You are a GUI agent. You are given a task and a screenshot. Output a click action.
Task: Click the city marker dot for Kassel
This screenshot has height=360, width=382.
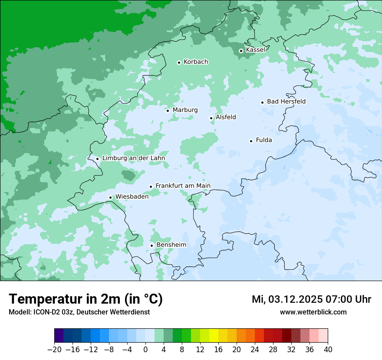241,51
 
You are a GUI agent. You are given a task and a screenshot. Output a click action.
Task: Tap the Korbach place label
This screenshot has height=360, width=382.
196,62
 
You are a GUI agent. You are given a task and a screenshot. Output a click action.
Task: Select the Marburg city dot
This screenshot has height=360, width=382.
168,110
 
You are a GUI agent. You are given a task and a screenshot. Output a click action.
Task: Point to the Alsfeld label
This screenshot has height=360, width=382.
226,117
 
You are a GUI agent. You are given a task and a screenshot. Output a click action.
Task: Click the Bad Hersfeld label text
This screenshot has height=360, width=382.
286,101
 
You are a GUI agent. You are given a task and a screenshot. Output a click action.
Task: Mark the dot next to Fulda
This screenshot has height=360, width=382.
251,141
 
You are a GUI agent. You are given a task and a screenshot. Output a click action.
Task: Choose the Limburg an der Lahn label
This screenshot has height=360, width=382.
133,158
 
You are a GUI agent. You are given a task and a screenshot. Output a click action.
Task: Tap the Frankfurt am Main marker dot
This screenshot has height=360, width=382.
151,187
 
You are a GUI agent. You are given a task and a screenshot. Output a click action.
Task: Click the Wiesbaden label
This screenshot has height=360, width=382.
132,196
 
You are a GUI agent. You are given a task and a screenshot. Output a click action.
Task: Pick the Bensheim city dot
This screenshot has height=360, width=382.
151,245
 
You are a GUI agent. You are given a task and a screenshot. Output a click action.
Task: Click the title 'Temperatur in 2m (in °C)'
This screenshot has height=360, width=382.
86,299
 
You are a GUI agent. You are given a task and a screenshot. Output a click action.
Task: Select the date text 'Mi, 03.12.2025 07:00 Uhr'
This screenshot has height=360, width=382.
311,299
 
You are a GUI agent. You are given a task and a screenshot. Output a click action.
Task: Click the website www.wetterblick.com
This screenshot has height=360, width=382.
313,312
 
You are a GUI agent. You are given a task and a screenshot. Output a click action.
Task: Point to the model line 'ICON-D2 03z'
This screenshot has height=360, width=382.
79,312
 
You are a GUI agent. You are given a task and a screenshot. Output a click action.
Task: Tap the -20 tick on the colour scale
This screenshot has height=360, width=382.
55,350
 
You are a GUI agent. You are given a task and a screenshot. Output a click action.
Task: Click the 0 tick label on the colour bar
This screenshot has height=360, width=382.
145,350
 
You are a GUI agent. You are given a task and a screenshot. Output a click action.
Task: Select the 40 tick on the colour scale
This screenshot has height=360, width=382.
328,350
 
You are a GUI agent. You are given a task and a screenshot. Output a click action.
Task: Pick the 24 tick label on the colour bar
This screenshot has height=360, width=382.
255,350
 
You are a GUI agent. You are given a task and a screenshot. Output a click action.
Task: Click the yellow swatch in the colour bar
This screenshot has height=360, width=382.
214,336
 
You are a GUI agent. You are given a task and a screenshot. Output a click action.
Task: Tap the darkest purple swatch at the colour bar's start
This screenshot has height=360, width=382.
59,336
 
